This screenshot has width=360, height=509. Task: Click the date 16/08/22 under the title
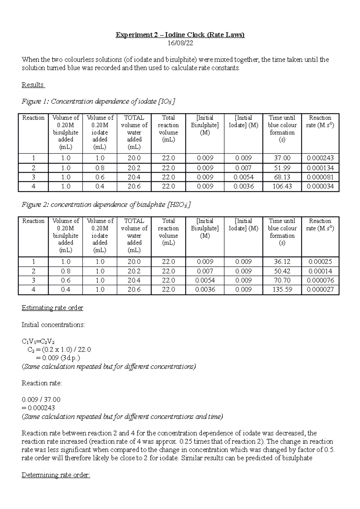[x=180, y=43]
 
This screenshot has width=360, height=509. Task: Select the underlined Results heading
[x=33, y=85]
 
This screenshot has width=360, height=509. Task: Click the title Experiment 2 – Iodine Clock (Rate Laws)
[x=180, y=35]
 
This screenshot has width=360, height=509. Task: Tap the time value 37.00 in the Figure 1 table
[x=282, y=158]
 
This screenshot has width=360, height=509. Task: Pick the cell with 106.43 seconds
[x=282, y=186]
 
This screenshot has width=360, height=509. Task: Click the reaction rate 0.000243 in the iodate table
[x=320, y=158]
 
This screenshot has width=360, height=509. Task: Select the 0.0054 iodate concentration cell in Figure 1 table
[x=243, y=177]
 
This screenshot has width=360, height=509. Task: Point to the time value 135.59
[x=282, y=290]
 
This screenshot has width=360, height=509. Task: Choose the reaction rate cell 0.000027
[x=320, y=290]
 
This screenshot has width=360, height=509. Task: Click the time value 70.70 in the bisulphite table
[x=282, y=280]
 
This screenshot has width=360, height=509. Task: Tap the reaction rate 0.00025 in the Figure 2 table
[x=320, y=262]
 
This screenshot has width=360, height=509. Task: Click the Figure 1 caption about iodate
[x=98, y=102]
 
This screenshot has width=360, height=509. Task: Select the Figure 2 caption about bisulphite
[x=106, y=205]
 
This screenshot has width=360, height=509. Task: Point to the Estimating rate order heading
[x=52, y=308]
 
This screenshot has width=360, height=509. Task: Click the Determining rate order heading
[x=56, y=475]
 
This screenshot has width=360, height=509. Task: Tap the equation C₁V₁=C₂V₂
[x=38, y=341]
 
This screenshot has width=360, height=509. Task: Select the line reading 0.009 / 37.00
[x=41, y=400]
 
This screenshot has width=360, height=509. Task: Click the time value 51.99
[x=282, y=168]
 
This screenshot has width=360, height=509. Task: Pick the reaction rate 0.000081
[x=320, y=177]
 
